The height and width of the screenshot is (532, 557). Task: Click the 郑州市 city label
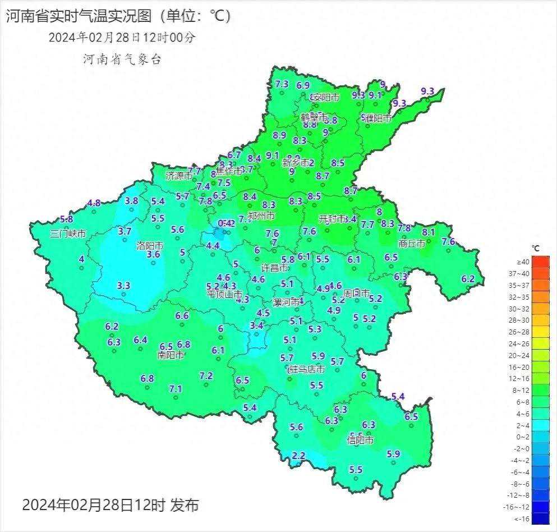261,216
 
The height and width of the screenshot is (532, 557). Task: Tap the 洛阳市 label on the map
150,246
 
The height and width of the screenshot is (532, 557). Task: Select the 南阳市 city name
171,355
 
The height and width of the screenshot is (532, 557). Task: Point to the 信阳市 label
360,441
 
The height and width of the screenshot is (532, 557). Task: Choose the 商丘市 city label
412,244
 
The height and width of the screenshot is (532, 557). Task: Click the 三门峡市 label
68,233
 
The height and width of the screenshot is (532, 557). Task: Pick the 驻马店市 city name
306,370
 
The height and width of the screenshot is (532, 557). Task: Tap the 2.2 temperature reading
299,456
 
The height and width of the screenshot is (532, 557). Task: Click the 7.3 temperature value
282,84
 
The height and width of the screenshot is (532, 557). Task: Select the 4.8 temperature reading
94,203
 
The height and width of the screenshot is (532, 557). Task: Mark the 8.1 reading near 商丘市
428,232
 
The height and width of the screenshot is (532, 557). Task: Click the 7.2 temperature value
206,376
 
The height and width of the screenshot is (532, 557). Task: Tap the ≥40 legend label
523,262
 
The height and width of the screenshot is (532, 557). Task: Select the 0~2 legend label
523,437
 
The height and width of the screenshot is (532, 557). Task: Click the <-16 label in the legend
523,519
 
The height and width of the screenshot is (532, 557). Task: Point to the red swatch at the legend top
541,262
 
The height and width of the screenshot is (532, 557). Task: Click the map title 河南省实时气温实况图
79,16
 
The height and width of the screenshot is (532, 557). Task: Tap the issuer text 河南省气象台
122,59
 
